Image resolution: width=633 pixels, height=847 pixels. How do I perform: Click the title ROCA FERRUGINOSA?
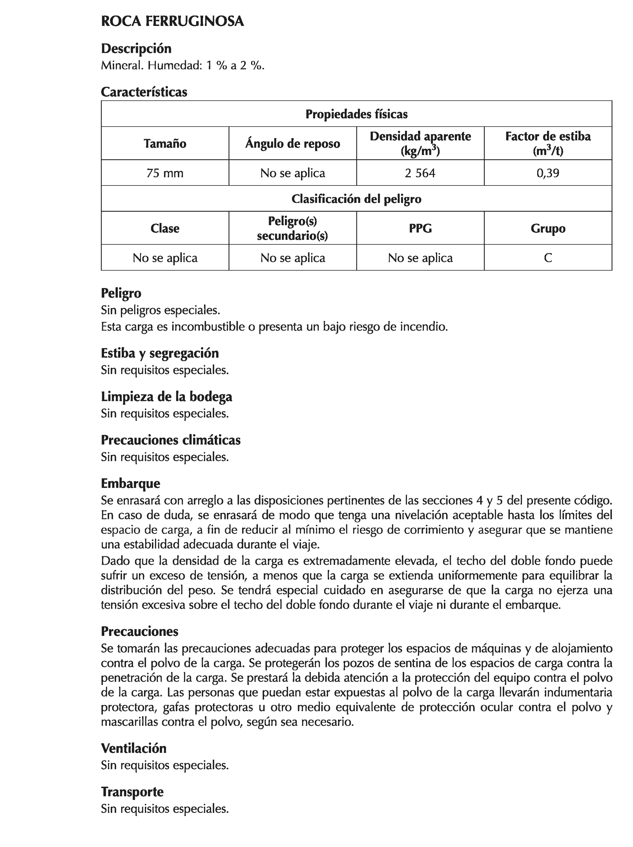coord(172,21)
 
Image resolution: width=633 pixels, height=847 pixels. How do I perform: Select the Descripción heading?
coord(136,49)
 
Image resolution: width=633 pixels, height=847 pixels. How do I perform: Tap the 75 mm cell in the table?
coord(165,173)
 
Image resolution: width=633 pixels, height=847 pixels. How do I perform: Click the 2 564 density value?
coord(420,173)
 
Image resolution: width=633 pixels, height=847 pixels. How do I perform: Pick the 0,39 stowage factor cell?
coord(548,173)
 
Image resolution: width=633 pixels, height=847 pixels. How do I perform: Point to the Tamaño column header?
coord(165,144)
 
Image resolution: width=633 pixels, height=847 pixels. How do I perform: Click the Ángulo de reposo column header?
coord(293,144)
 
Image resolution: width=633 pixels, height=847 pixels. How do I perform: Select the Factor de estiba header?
coord(548,137)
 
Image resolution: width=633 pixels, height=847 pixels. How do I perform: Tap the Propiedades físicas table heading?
coord(356,114)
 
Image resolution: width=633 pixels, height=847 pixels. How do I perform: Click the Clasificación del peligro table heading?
coord(356,199)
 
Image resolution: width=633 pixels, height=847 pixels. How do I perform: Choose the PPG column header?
coord(420,229)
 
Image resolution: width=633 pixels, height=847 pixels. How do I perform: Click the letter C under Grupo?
coord(548,258)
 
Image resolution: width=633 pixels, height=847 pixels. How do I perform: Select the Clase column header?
coord(165,229)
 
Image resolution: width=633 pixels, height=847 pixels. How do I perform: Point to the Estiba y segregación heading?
coord(160,353)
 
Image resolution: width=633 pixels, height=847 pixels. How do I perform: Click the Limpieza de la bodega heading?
coord(166,396)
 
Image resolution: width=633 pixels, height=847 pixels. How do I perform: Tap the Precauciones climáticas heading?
coord(171,440)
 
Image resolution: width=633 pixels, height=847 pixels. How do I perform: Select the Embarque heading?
coord(130,484)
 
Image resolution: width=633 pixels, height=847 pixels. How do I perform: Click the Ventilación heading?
coord(134,748)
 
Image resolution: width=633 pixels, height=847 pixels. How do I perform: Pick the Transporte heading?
coord(132,792)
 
